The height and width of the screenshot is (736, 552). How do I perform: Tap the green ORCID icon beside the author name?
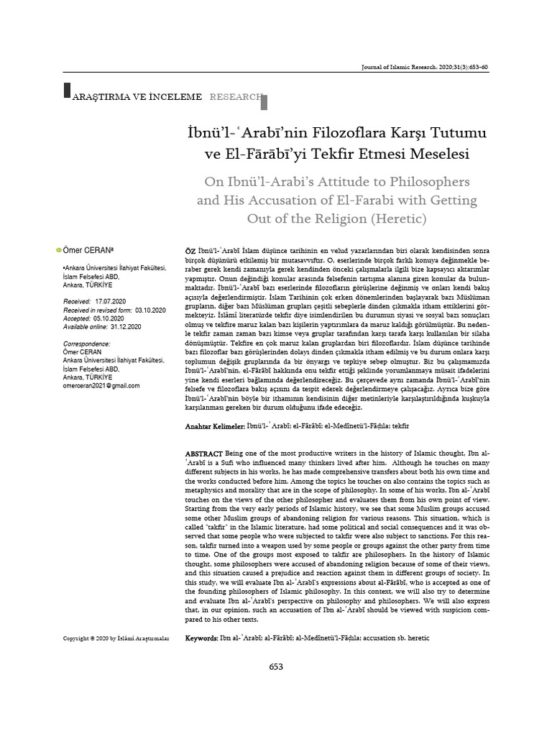click(x=58, y=249)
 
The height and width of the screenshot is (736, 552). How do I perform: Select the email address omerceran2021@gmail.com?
click(x=101, y=385)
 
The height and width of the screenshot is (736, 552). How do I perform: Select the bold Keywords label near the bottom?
click(x=202, y=638)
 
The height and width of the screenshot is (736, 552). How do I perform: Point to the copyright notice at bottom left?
click(x=116, y=638)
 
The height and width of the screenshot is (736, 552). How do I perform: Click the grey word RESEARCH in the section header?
click(x=235, y=96)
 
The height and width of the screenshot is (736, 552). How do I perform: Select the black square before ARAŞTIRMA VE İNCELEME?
click(x=68, y=91)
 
